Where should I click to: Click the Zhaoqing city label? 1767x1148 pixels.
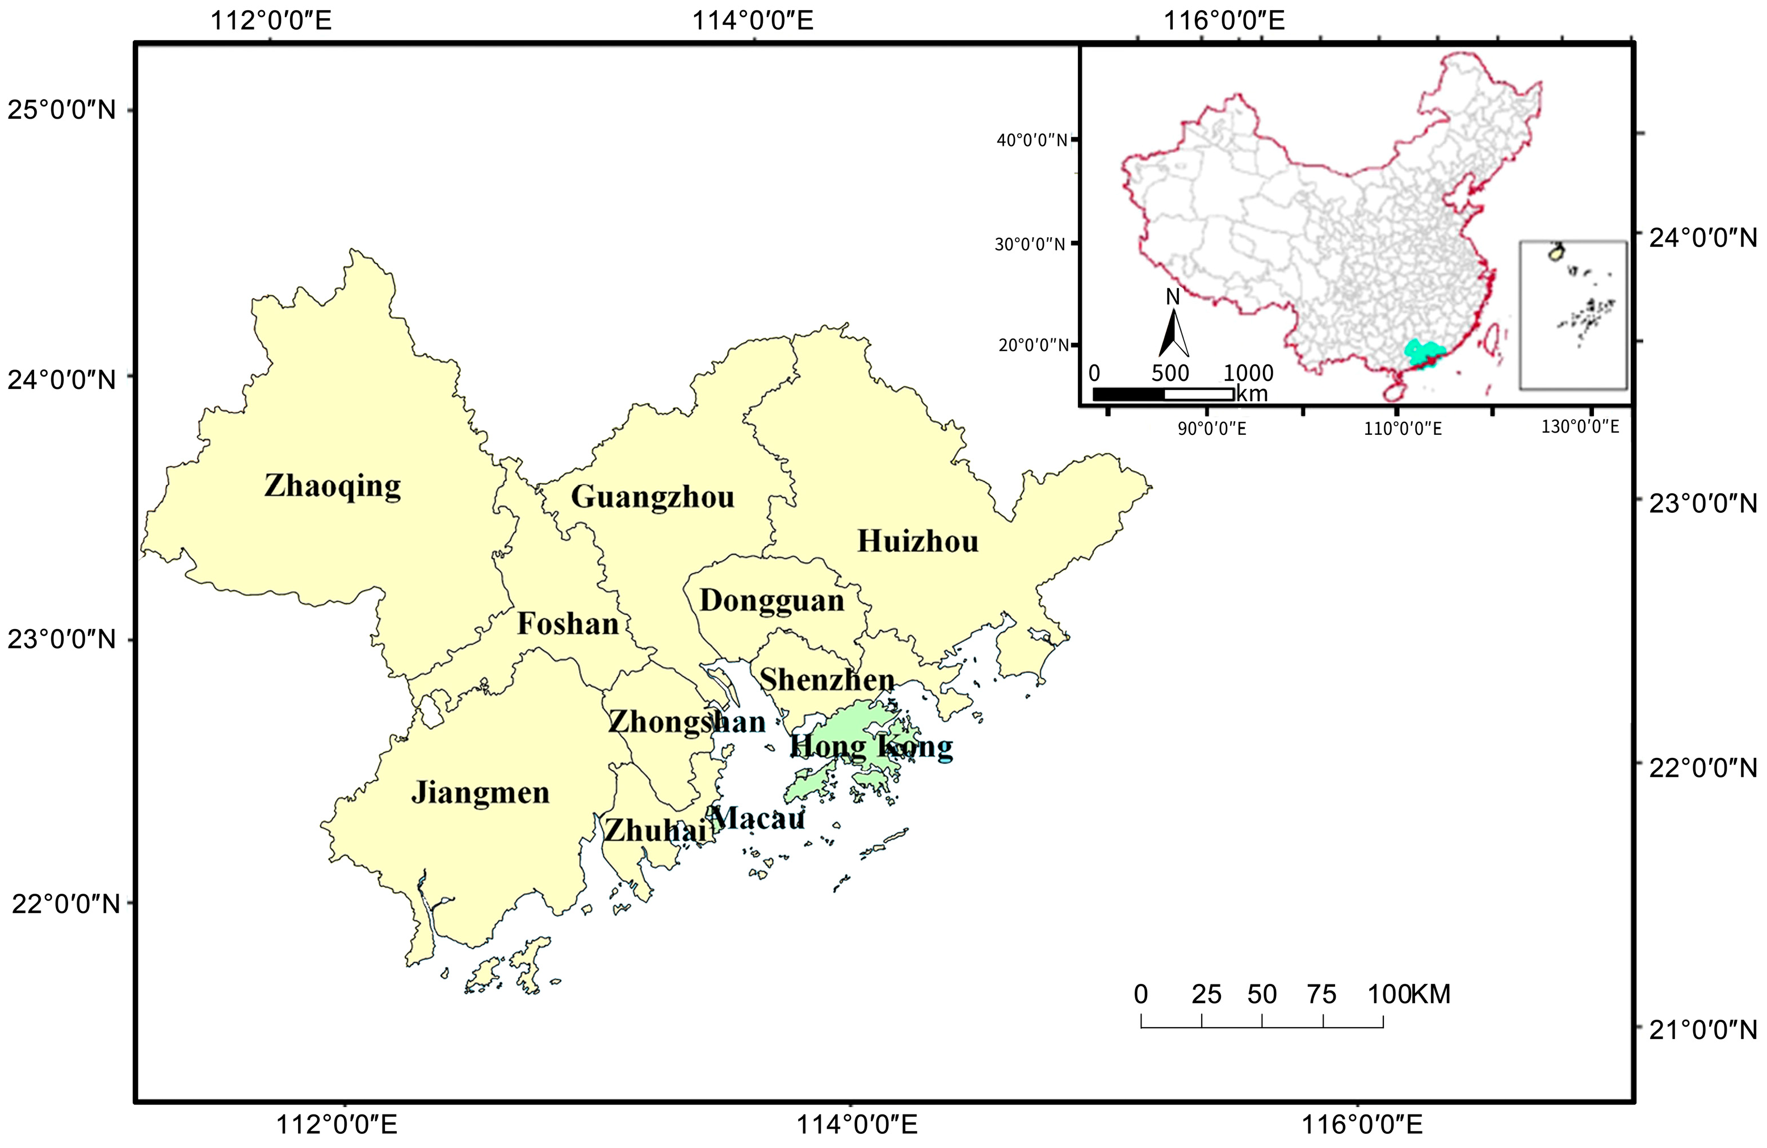tap(332, 487)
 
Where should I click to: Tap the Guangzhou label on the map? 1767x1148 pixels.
tap(652, 497)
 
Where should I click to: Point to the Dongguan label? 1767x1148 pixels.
tap(771, 600)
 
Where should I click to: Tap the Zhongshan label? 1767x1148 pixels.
tap(686, 722)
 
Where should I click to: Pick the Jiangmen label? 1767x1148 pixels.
tap(480, 793)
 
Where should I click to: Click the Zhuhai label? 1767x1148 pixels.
tap(655, 830)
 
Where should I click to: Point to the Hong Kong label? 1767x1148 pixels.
tap(870, 746)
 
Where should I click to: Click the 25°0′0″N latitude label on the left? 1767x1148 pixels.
tap(62, 110)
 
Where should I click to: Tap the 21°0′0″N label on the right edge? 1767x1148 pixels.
tap(1702, 1030)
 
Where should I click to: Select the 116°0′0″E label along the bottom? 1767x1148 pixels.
tap(1362, 1124)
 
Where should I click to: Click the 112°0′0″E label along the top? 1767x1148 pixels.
tap(271, 20)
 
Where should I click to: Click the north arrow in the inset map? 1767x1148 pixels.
tap(1173, 326)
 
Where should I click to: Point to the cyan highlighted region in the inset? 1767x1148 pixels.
tap(1422, 352)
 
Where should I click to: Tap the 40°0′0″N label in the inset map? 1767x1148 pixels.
tap(1031, 140)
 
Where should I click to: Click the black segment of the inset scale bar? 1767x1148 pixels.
tap(1128, 393)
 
